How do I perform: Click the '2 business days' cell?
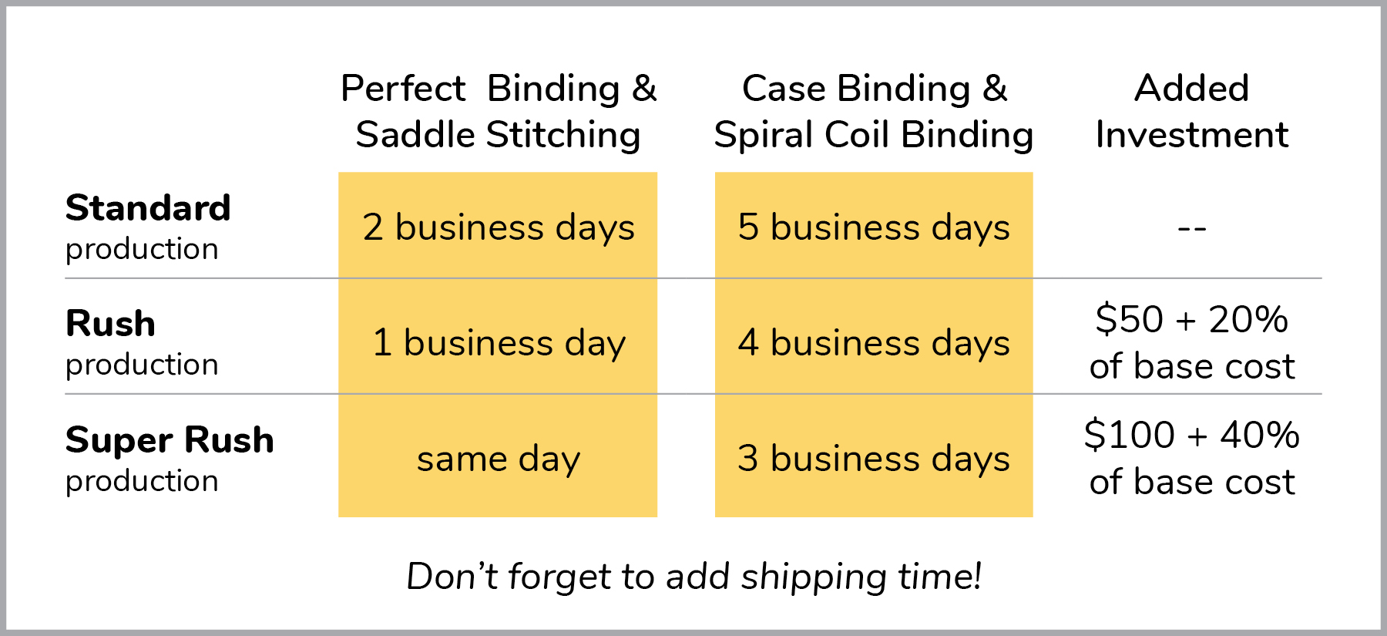498,227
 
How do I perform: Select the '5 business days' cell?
874,227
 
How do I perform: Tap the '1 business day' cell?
498,342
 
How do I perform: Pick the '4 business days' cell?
874,342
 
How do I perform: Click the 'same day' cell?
498,459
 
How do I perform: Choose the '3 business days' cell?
874,459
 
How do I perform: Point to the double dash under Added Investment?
1191,228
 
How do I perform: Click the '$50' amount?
1129,319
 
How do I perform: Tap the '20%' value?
1248,319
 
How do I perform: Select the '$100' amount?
1129,435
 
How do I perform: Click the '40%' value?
1260,435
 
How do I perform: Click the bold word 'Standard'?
148,208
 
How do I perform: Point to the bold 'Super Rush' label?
170,440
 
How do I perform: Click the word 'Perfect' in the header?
403,88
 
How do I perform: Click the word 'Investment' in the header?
1191,135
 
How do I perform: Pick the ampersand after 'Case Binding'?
995,88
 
